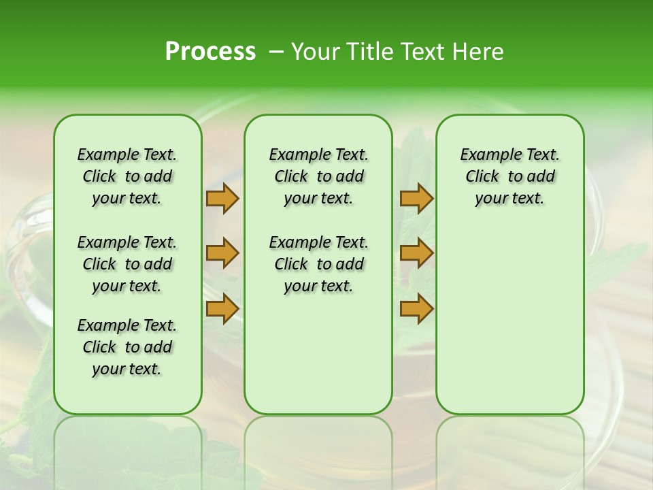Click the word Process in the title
[x=210, y=52]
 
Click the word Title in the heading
[x=368, y=52]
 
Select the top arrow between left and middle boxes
[x=222, y=199]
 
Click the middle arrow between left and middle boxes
[x=222, y=253]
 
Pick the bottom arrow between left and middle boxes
[x=222, y=308]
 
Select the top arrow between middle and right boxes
[x=416, y=199]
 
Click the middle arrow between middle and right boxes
[x=416, y=253]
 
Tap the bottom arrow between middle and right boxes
[x=416, y=308]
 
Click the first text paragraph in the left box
[x=127, y=176]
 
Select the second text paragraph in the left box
[x=127, y=264]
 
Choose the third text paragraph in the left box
[x=127, y=347]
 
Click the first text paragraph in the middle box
[x=318, y=176]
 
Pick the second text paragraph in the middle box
[x=318, y=264]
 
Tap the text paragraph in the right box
[x=509, y=176]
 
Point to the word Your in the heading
[x=315, y=52]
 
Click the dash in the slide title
[x=276, y=52]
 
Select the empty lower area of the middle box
[x=318, y=354]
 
